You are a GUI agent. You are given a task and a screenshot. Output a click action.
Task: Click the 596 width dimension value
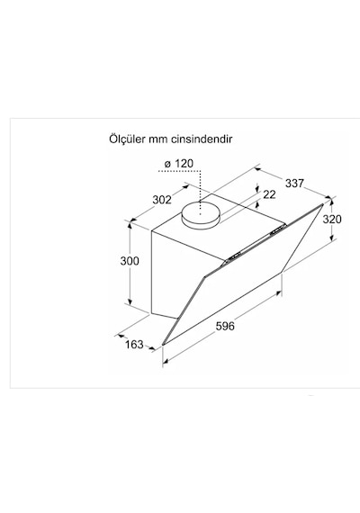pyautogui.click(x=225, y=326)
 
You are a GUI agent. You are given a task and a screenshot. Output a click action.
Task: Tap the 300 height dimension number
pyautogui.click(x=130, y=261)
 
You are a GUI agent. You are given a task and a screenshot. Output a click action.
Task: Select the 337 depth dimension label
pyautogui.click(x=294, y=184)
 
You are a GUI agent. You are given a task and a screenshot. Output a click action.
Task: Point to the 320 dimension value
pyautogui.click(x=332, y=219)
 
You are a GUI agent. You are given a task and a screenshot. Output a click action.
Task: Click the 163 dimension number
pyautogui.click(x=134, y=344)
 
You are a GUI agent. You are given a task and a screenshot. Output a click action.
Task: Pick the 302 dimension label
pyautogui.click(x=162, y=200)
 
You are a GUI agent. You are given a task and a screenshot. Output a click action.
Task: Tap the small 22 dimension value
pyautogui.click(x=269, y=194)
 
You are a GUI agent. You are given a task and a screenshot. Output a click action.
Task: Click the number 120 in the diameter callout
pyautogui.click(x=184, y=163)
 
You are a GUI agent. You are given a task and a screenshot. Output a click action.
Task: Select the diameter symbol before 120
pyautogui.click(x=167, y=164)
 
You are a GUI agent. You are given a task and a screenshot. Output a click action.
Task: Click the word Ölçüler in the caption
pyautogui.click(x=127, y=139)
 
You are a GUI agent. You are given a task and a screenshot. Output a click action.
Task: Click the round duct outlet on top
pyautogui.click(x=201, y=215)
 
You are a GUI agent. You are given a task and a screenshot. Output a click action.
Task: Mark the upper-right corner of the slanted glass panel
pyautogui.click(x=323, y=203)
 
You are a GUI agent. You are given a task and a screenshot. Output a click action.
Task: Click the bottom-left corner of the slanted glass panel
pyautogui.click(x=163, y=345)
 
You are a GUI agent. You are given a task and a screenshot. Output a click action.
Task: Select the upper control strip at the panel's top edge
pyautogui.click(x=278, y=229)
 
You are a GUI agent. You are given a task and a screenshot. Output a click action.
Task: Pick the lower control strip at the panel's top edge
pyautogui.click(x=232, y=257)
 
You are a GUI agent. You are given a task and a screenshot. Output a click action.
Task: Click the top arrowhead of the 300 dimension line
pyautogui.click(x=130, y=225)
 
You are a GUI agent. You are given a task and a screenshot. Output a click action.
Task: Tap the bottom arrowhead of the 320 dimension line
pyautogui.click(x=332, y=238)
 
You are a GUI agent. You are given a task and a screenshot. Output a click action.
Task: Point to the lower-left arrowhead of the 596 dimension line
pyautogui.click(x=166, y=361)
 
